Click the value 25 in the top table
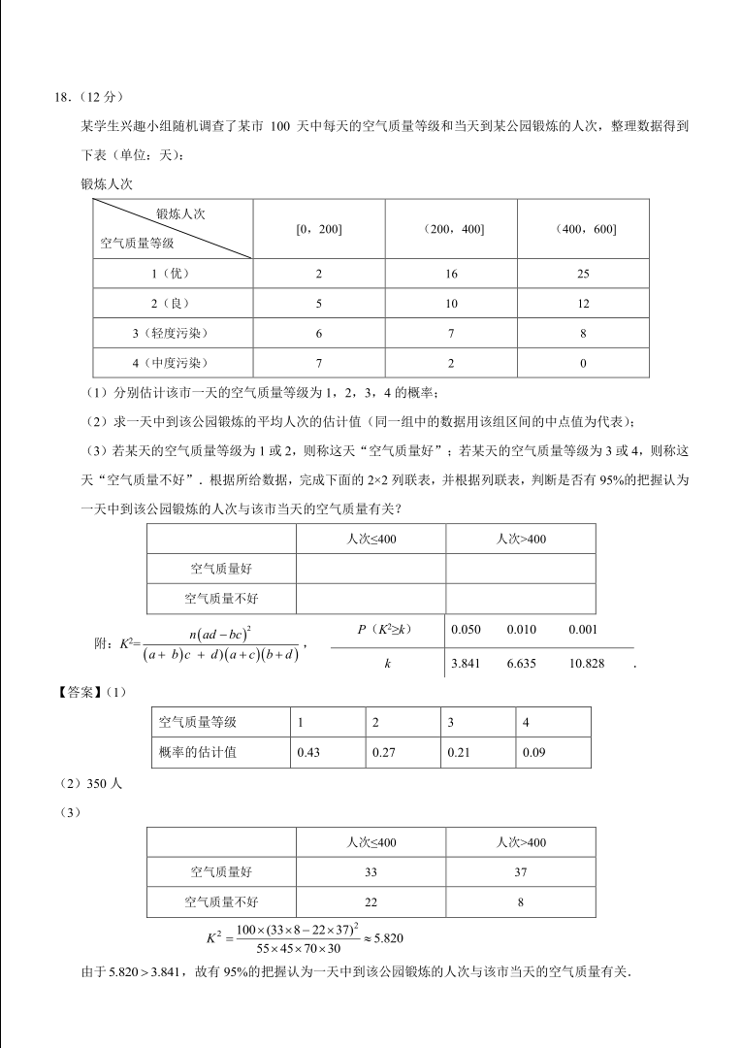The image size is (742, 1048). pos(583,274)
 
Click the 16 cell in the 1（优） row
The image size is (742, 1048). pos(451,274)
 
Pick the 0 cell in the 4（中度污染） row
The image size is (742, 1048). pos(583,364)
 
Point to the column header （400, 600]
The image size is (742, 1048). pos(583,229)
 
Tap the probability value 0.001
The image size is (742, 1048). pos(584,630)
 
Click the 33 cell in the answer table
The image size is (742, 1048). pos(371,872)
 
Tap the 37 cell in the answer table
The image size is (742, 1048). pos(521,872)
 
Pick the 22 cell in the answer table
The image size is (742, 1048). pos(371,902)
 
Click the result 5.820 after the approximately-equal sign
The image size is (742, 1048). pos(386,938)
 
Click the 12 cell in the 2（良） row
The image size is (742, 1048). pos(583,304)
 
